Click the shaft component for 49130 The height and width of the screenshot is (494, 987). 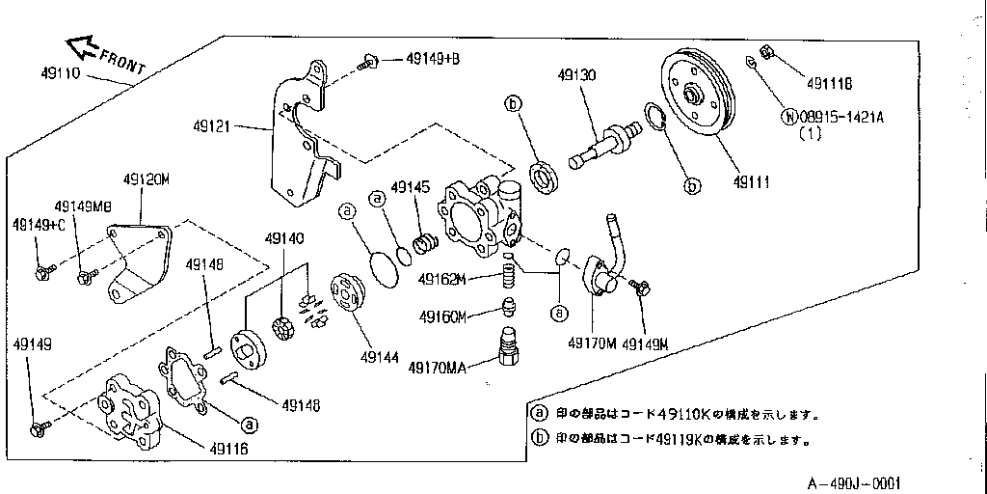[602, 142]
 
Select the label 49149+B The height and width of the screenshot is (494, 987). [432, 60]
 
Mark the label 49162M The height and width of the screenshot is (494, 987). [442, 280]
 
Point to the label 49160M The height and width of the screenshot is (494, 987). [442, 316]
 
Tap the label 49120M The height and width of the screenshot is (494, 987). [147, 179]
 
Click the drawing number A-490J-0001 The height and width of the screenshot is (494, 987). [853, 482]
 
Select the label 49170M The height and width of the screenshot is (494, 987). [592, 343]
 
